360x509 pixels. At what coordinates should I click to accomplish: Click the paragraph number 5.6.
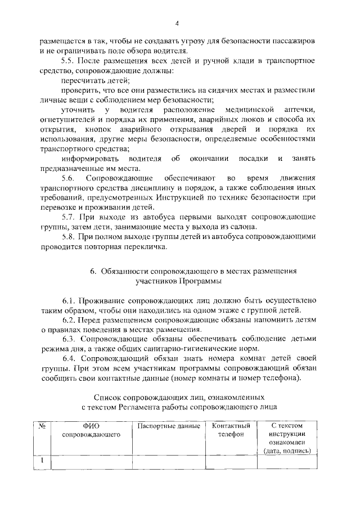coord(69,178)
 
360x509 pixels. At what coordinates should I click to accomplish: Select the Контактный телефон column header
coord(231,431)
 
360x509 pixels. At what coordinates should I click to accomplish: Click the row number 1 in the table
coord(42,462)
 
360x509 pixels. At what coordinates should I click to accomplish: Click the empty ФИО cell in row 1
coord(91,462)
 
